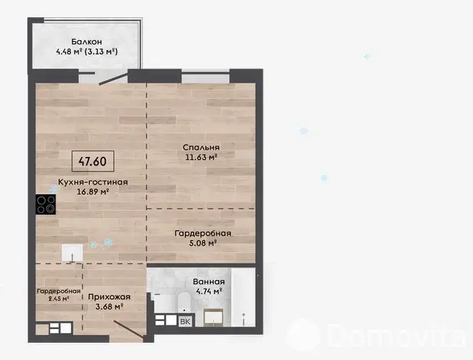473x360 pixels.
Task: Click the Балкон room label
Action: coord(86,42)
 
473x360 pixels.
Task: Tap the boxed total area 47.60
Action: coord(93,161)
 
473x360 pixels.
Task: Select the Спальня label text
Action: coord(201,148)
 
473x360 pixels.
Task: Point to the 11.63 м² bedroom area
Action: coord(202,157)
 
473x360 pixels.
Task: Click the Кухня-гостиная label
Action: coord(93,182)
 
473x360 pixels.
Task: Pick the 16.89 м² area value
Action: coord(93,192)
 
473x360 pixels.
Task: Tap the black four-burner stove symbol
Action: coord(45,204)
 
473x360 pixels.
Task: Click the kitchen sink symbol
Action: coord(73,253)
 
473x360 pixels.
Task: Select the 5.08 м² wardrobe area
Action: coord(203,243)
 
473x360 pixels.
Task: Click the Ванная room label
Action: coord(209,282)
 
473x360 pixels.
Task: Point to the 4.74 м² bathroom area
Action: coord(209,291)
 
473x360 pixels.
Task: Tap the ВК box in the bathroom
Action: coord(185,322)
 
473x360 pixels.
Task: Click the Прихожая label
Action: coord(109,297)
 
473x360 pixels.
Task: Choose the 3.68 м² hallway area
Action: coord(109,307)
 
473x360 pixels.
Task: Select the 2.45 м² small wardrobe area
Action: coord(59,299)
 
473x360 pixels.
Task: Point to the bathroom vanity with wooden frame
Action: coord(214,318)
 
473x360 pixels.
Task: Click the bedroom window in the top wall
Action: coord(205,76)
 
